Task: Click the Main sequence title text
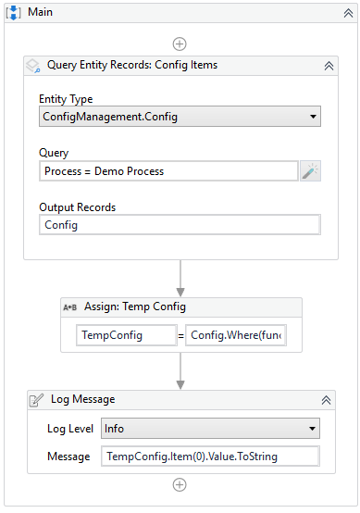[x=40, y=12]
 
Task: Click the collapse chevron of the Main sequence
[x=343, y=12]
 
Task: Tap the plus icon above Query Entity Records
[x=180, y=44]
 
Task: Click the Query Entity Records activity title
[x=132, y=66]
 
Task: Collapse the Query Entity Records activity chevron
[x=329, y=66]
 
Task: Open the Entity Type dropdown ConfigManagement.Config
[x=180, y=118]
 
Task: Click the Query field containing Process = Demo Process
[x=168, y=171]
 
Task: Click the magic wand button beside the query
[x=310, y=171]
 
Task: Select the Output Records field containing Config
[x=180, y=225]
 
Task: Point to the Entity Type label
[x=66, y=99]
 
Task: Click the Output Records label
[x=77, y=206]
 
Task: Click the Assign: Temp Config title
[x=135, y=307]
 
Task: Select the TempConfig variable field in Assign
[x=125, y=335]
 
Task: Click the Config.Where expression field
[x=235, y=335]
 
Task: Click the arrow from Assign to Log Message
[x=180, y=369]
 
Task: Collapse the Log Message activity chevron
[x=326, y=400]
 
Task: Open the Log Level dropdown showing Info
[x=210, y=429]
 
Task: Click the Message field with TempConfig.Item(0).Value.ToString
[x=210, y=457]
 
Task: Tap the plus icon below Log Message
[x=180, y=484]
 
